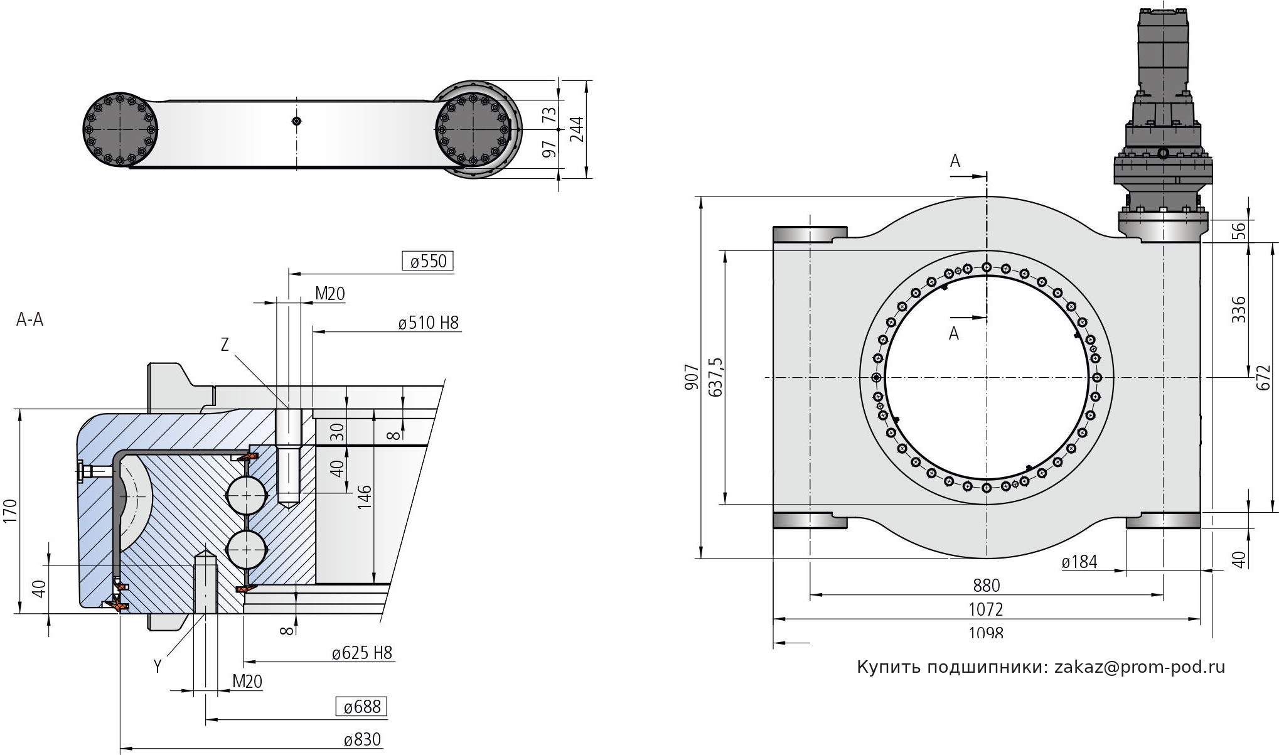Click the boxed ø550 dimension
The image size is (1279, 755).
click(427, 261)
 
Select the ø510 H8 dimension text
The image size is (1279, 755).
click(428, 323)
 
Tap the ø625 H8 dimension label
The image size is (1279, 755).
click(362, 653)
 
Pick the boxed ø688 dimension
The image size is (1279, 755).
click(361, 707)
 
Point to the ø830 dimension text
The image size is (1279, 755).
click(362, 740)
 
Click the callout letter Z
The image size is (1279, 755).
click(225, 344)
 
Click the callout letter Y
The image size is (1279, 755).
click(158, 667)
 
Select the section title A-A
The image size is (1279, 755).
click(30, 320)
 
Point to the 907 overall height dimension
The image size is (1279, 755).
click(691, 377)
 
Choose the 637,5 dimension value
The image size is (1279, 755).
click(715, 377)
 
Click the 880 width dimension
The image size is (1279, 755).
click(986, 586)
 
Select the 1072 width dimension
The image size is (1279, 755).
click(986, 609)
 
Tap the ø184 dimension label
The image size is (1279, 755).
click(1079, 562)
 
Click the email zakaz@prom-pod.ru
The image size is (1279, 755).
click(1140, 667)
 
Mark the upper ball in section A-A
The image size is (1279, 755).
click(245, 495)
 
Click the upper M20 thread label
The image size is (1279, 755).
click(329, 294)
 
